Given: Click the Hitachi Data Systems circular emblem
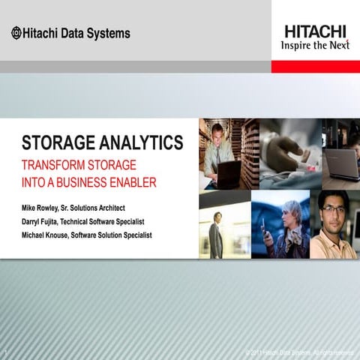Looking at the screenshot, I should pyautogui.click(x=16, y=33).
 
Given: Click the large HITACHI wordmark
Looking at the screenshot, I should pyautogui.click(x=315, y=31).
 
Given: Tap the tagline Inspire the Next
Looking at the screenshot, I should pyautogui.click(x=315, y=44).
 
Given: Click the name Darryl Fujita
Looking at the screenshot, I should pyautogui.click(x=46, y=220).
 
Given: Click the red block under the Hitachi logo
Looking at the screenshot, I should pyautogui.click(x=315, y=66).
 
